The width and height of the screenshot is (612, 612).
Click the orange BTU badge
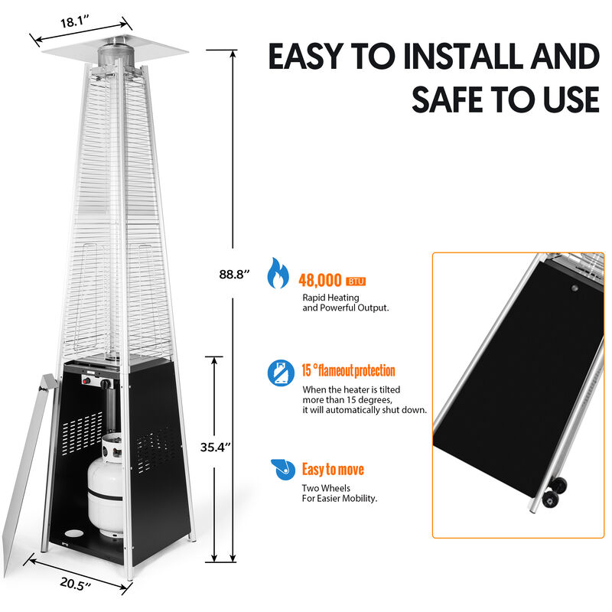point(356,281)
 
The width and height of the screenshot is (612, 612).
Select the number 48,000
point(321,280)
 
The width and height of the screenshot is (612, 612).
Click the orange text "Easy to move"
point(333,469)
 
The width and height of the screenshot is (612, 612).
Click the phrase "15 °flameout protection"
point(348,371)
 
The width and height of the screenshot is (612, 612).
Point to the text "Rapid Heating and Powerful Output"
point(346,302)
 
